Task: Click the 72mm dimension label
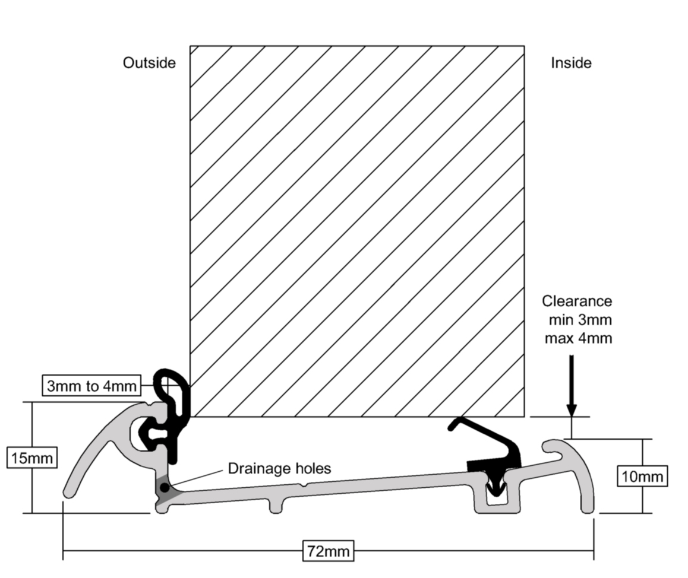[327, 551]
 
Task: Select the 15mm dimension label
[32, 458]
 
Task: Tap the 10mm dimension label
[641, 476]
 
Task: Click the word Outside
[149, 63]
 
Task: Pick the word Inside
[571, 63]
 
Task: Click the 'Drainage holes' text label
[279, 468]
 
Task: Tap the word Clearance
[576, 301]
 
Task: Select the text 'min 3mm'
[579, 320]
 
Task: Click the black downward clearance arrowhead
[572, 409]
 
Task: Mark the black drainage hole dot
[164, 488]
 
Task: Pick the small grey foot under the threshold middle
[277, 504]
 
